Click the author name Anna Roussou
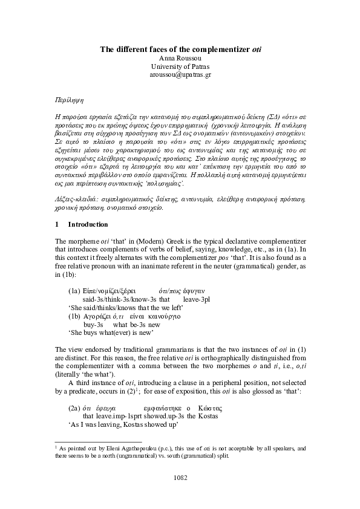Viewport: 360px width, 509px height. pyautogui.click(x=180, y=58)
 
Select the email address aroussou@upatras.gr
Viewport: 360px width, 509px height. pyautogui.click(x=180, y=75)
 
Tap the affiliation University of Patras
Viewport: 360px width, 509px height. pyautogui.click(x=180, y=66)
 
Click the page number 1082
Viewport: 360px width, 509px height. pyautogui.click(x=180, y=478)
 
